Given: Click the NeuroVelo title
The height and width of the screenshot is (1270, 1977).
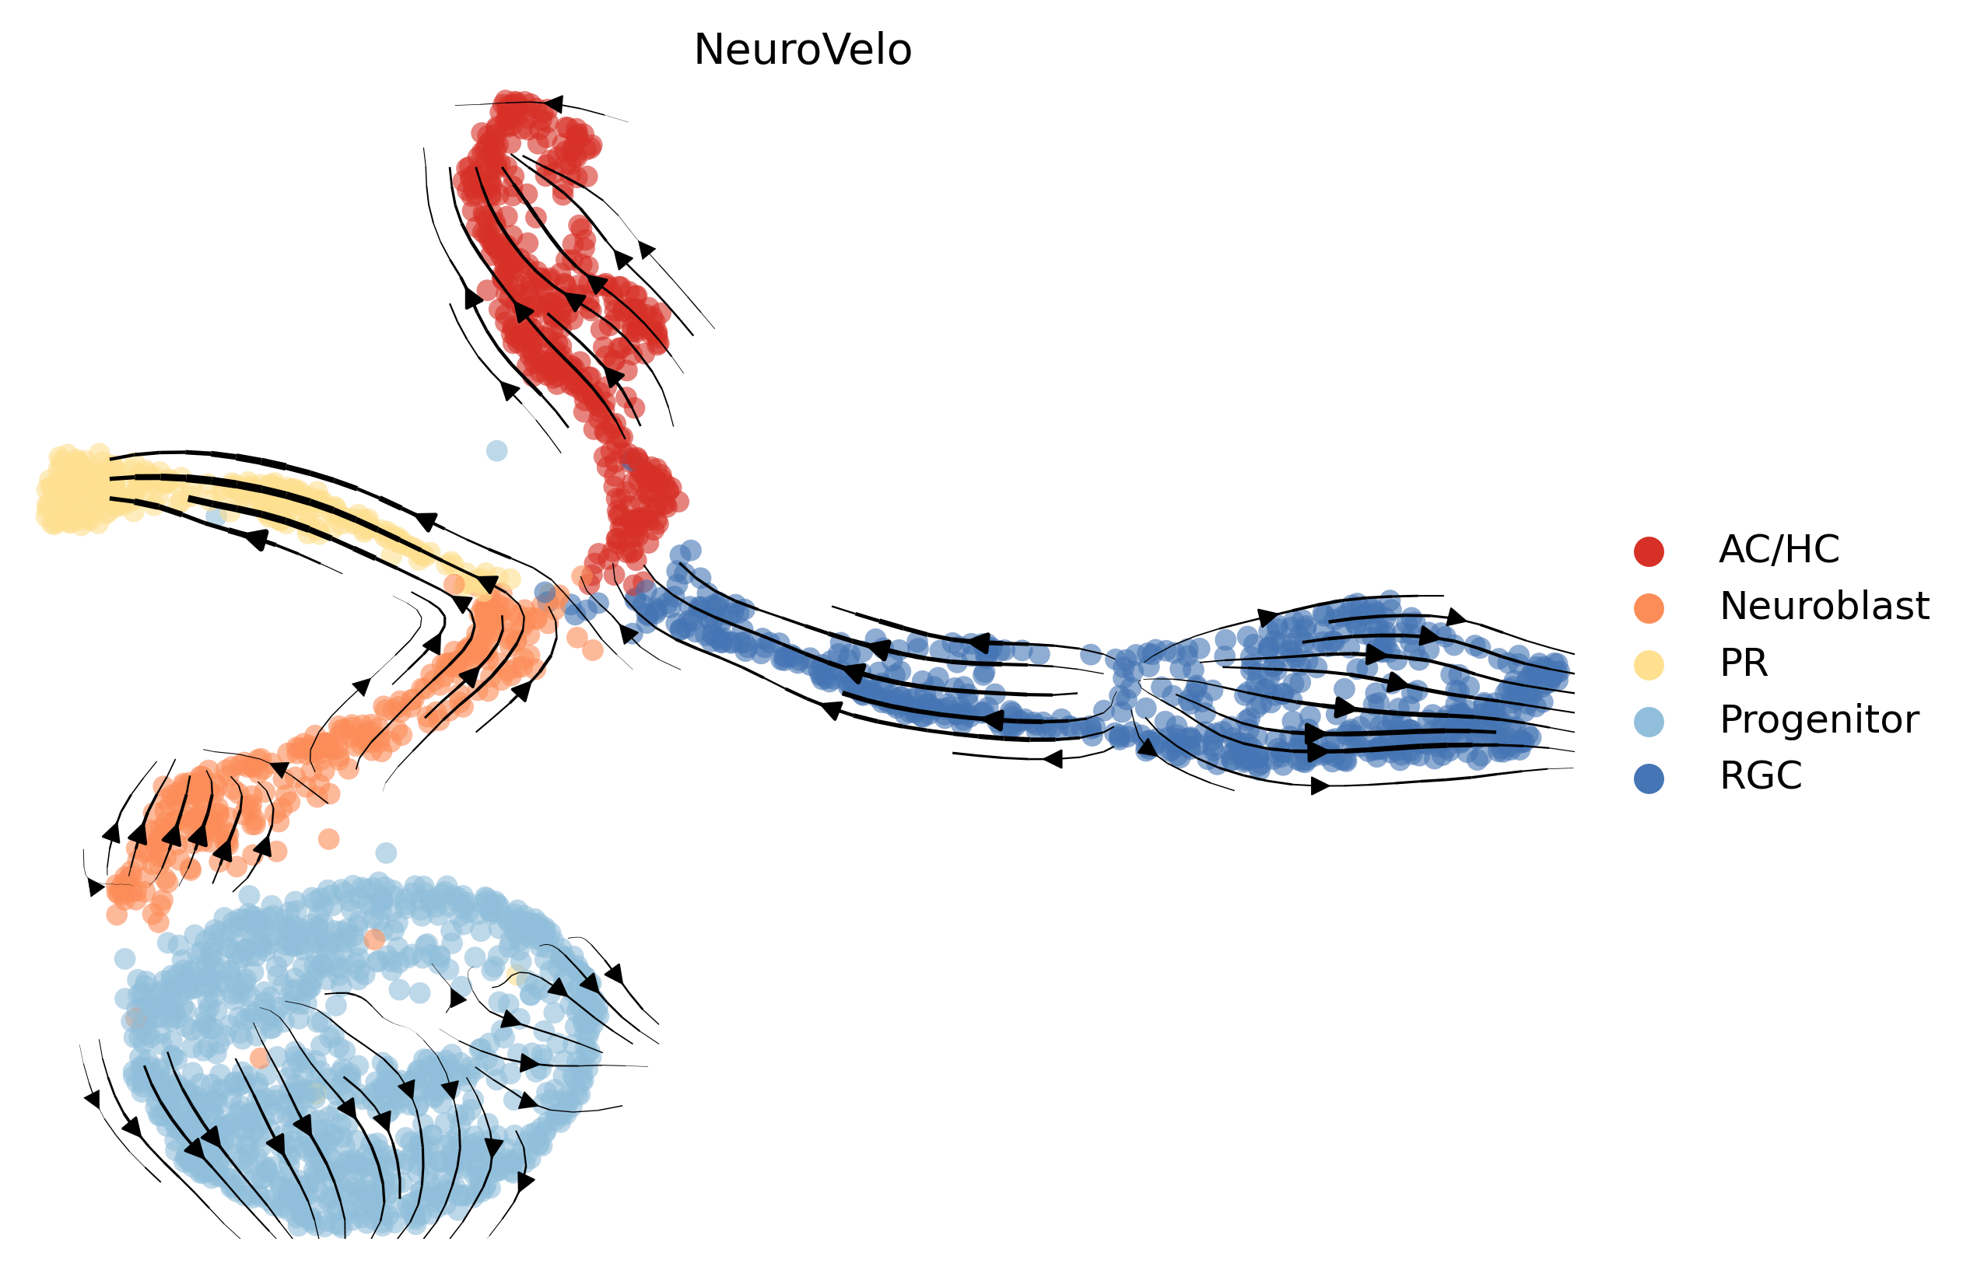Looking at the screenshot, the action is [x=801, y=50].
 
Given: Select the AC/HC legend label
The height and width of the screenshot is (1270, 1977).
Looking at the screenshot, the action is [x=1779, y=549].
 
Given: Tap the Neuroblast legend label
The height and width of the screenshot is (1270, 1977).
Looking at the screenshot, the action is [x=1824, y=606].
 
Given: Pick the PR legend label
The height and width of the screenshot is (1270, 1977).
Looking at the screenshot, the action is [x=1743, y=663].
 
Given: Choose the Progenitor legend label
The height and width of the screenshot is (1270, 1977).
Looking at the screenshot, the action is [x=1818, y=720].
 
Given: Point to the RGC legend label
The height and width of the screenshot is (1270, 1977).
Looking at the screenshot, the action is [x=1760, y=776].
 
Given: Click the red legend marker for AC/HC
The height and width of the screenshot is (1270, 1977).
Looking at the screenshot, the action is [x=1648, y=551].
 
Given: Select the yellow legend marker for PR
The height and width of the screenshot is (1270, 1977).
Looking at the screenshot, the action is [x=1648, y=665].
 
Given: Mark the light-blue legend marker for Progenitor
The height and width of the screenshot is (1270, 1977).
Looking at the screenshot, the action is [x=1648, y=722].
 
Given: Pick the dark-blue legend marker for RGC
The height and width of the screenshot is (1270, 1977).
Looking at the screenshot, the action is [x=1648, y=778].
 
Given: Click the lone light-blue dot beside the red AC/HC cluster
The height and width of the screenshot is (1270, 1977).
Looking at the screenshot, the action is [x=496, y=450].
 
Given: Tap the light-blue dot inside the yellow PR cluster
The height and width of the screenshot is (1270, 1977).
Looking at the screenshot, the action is [x=216, y=516].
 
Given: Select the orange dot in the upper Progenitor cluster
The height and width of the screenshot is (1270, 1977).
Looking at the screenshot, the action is [x=374, y=939].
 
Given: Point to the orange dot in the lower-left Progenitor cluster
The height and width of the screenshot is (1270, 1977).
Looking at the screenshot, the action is [x=260, y=1057].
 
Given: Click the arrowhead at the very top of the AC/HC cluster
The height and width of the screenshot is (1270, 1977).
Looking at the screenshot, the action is [x=553, y=104].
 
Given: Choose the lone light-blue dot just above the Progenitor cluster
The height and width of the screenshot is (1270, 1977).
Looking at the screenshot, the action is [x=386, y=852].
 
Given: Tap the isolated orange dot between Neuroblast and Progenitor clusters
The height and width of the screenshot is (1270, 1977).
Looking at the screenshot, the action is [x=328, y=838].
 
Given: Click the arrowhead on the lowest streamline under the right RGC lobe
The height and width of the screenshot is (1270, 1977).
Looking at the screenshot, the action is [x=1320, y=786].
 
